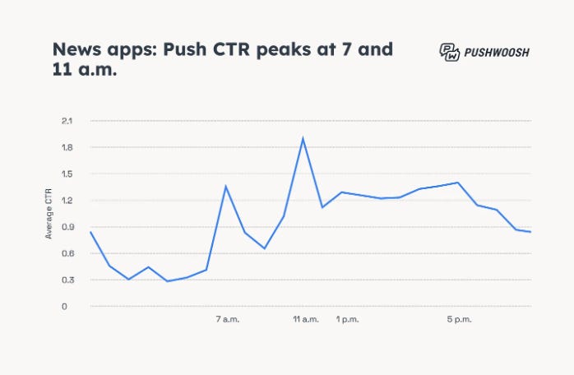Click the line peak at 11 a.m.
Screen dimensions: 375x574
click(303, 137)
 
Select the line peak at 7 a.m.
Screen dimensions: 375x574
click(225, 186)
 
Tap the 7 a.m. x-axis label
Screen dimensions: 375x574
click(228, 319)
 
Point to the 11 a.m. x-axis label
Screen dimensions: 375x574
click(306, 319)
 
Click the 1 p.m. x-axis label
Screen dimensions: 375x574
click(348, 319)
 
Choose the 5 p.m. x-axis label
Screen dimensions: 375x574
click(459, 319)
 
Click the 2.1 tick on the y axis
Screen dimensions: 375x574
click(67, 121)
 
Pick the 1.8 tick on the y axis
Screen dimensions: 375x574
click(67, 147)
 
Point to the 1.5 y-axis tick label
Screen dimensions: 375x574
click(67, 174)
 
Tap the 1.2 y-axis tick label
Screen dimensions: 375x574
click(67, 201)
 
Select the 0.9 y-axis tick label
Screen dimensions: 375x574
click(67, 227)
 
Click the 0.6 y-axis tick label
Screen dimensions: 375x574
click(67, 253)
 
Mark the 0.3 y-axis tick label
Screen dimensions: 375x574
click(67, 280)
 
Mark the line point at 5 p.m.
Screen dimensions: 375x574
click(457, 183)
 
